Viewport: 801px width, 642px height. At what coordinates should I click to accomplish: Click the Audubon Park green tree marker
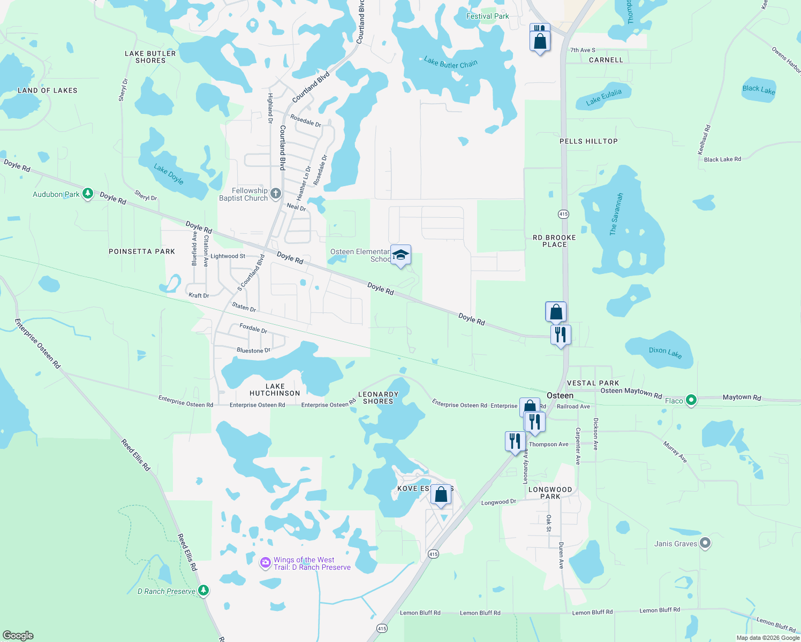88,194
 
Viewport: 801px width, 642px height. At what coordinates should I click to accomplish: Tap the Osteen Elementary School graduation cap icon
400,255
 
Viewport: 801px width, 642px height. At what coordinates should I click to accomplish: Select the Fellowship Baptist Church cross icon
276,194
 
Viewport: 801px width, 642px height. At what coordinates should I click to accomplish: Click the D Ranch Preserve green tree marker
203,591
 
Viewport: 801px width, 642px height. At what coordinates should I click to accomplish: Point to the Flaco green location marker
691,400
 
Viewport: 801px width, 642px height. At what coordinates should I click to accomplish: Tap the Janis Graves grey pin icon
705,544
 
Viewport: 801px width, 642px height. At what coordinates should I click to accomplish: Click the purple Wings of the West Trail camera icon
265,563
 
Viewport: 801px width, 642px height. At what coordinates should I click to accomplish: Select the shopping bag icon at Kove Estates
441,494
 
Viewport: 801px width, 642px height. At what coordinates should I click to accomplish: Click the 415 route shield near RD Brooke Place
563,214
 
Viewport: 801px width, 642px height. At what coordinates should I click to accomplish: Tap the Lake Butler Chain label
450,63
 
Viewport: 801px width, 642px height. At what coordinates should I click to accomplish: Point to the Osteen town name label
560,395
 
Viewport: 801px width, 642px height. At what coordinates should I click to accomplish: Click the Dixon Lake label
665,352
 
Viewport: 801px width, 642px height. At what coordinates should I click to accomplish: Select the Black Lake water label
759,89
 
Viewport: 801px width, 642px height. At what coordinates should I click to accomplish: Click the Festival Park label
487,16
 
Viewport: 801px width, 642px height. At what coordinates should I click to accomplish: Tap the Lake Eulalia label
604,97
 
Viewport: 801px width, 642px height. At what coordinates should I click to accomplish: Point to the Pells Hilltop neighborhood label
588,141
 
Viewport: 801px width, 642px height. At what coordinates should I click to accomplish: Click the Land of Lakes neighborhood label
47,90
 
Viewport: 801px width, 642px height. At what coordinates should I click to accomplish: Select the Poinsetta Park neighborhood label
142,251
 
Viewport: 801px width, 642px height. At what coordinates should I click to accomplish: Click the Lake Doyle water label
169,174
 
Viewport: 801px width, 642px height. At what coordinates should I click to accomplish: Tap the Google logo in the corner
18,636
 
